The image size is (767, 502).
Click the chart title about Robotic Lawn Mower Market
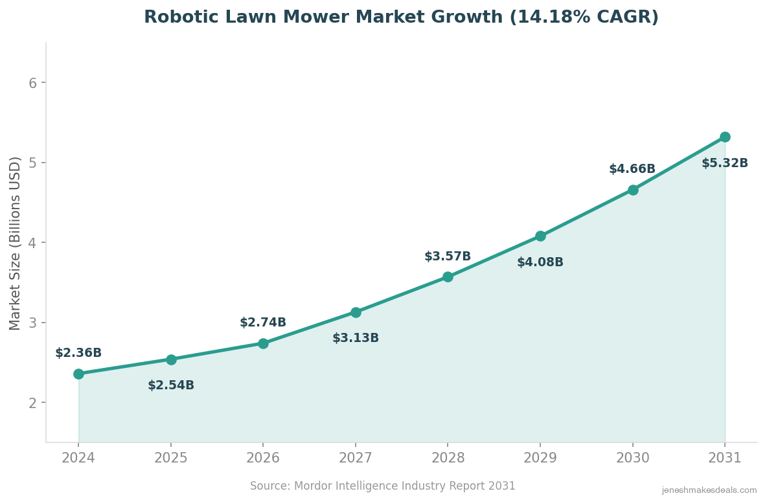tap(401, 17)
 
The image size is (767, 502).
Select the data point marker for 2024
tap(78, 374)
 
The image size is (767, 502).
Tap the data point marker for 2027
tap(356, 312)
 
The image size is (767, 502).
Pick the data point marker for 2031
tap(725, 137)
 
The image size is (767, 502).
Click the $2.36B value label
tap(78, 353)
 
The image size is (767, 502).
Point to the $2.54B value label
tap(171, 385)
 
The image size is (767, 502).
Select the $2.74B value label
tap(263, 323)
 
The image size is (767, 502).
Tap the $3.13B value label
tap(356, 338)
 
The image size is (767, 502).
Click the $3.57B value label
tap(448, 257)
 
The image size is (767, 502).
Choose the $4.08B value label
tap(540, 262)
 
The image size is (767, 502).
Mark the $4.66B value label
tap(632, 169)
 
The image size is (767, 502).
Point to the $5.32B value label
tap(725, 163)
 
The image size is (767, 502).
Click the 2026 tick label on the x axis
tap(263, 459)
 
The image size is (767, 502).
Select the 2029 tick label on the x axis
tap(540, 459)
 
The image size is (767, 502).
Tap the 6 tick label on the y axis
tap(33, 83)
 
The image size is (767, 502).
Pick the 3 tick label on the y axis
tap(33, 323)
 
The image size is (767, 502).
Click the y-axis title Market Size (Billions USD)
tap(16, 243)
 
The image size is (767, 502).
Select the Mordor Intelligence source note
tap(383, 486)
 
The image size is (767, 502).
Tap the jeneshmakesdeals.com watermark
tap(709, 490)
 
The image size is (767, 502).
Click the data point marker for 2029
tap(540, 236)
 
